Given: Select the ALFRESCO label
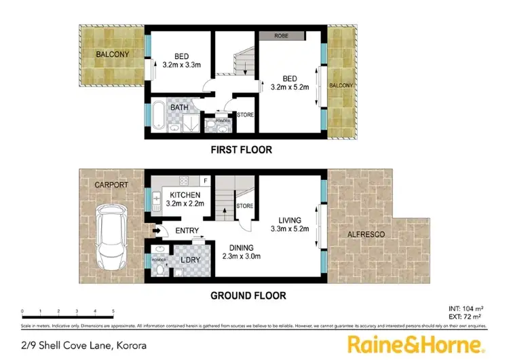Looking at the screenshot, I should [x=366, y=234].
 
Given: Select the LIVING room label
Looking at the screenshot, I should [x=293, y=219].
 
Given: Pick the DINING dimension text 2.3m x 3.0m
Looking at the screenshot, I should [x=242, y=256].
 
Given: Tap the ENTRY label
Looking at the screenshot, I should [x=187, y=231].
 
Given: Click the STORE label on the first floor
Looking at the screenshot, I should [x=246, y=115].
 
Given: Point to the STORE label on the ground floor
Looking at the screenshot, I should [x=244, y=206].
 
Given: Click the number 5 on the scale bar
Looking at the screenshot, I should [x=113, y=312].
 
